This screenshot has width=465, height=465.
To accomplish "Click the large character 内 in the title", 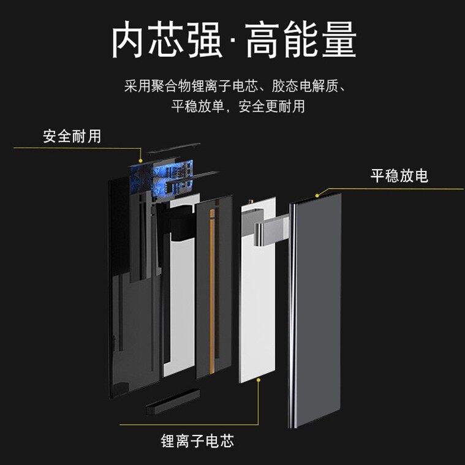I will (131, 40).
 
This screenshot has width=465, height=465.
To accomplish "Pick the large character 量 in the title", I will (335, 40).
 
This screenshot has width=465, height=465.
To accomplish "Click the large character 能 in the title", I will (301, 40).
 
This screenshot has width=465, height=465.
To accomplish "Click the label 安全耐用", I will (72, 136).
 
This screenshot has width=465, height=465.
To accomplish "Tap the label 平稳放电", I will (399, 176).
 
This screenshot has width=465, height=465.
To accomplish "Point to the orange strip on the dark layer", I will (211, 288).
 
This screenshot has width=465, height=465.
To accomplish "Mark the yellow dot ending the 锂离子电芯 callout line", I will (259, 380).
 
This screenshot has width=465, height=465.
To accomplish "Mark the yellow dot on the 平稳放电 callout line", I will (317, 195).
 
